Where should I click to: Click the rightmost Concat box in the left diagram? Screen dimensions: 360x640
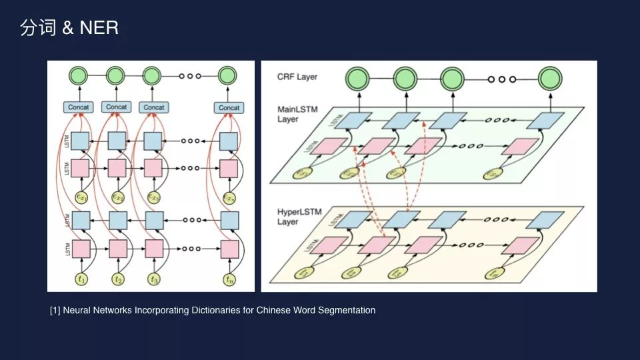coord(229,107)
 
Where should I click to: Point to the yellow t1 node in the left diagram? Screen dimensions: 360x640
coord(81,279)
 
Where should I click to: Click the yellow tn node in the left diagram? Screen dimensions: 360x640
coord(230,279)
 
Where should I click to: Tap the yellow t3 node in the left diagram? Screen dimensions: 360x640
coord(155,279)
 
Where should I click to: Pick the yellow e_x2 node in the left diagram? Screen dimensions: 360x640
coord(118,197)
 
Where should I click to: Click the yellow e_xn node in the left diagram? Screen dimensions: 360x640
coord(230,197)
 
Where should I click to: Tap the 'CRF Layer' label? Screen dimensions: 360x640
coord(297,77)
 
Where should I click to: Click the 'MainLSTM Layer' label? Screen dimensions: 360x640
coord(297,114)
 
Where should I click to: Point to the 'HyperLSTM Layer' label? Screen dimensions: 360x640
coord(299,216)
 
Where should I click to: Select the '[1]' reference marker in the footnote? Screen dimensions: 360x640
coord(55,310)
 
